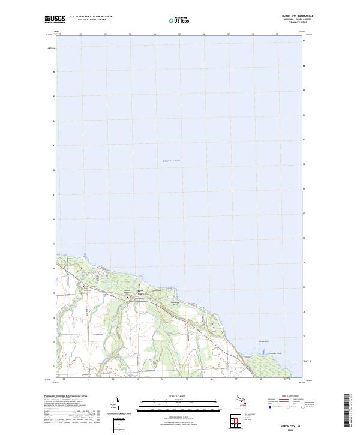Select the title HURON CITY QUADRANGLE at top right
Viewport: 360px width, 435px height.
pos(298,16)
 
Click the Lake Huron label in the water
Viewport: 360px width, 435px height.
pos(172,161)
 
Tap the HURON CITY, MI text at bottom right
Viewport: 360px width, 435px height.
pos(298,423)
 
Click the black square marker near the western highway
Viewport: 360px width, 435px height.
pos(84,286)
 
